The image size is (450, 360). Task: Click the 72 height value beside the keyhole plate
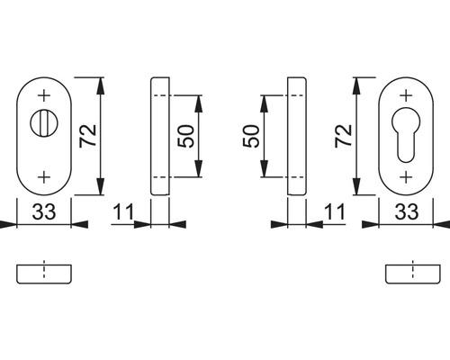(x=343, y=136)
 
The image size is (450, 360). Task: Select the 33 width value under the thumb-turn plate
(x=44, y=212)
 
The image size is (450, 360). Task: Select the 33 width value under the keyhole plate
(x=406, y=212)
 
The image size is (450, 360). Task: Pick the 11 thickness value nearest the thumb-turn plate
(x=123, y=212)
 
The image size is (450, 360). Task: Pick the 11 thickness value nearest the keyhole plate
(x=334, y=212)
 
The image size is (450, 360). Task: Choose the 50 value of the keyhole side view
(x=251, y=137)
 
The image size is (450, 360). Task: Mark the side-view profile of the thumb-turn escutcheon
(x=160, y=136)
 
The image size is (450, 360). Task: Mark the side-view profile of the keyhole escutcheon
(x=296, y=136)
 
